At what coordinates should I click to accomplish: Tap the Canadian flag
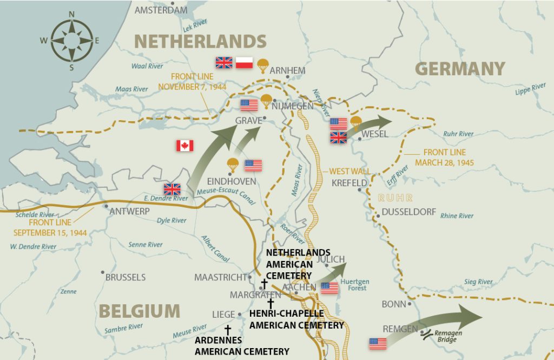[185, 146]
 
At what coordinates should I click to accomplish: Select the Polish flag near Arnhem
[244, 63]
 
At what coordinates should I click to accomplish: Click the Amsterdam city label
[161, 10]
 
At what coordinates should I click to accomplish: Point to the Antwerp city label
[129, 211]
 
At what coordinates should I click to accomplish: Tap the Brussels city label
[125, 277]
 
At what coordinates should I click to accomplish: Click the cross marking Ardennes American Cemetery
[228, 330]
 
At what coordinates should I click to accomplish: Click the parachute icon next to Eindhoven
[233, 164]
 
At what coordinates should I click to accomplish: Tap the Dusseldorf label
[408, 212]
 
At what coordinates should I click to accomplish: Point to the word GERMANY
[460, 69]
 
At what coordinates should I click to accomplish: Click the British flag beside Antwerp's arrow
[173, 189]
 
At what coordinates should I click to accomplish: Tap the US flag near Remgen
[378, 343]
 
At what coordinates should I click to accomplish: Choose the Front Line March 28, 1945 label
[444, 157]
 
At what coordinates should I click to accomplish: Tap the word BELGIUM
[139, 311]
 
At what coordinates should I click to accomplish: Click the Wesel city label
[375, 134]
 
